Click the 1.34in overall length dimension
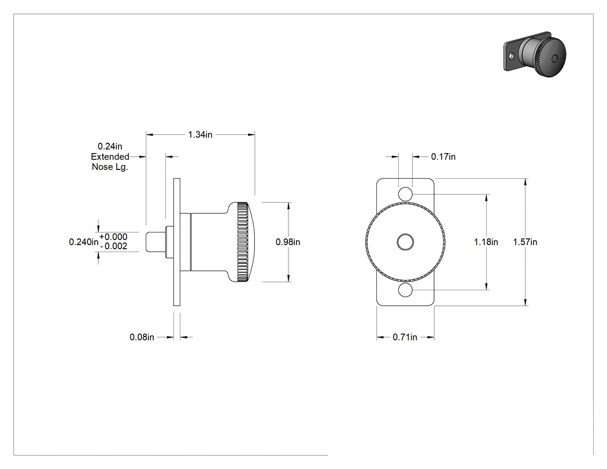200,134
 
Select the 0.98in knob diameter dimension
288,242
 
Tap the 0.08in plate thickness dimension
142,337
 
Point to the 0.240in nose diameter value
84,242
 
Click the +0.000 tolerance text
113,237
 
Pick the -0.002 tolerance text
113,246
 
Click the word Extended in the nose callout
110,157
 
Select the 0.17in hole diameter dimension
443,157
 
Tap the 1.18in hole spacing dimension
486,242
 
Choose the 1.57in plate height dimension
525,242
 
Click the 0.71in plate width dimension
405,337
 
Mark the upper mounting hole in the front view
405,194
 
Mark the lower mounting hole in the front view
405,290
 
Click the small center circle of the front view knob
405,242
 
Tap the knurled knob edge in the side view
243,242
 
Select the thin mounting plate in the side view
176,242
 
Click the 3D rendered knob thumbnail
535,54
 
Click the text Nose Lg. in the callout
110,167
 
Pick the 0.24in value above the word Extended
110,146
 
